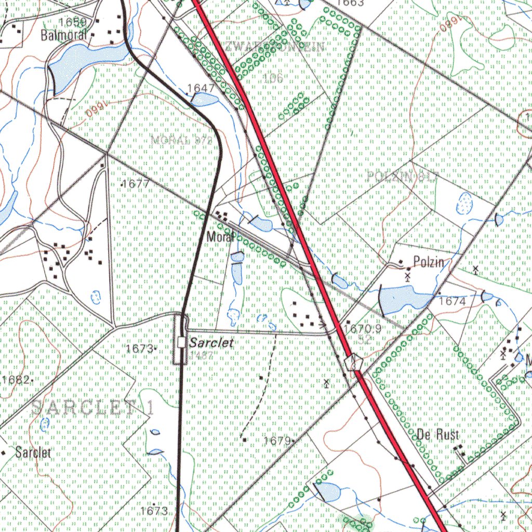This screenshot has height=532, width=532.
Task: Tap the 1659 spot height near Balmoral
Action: pyautogui.click(x=73, y=22)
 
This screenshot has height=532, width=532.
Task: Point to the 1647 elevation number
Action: pyautogui.click(x=201, y=88)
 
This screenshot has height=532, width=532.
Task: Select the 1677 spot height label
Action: pyautogui.click(x=137, y=184)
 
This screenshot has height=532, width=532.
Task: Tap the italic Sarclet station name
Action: pyautogui.click(x=211, y=343)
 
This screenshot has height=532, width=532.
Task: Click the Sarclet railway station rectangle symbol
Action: pyautogui.click(x=181, y=342)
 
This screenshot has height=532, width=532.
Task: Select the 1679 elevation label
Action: pyautogui.click(x=276, y=441)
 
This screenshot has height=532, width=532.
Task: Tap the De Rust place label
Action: pyautogui.click(x=438, y=435)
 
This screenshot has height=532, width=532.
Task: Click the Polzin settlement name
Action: pyautogui.click(x=429, y=262)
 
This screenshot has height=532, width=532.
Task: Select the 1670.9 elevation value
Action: pyautogui.click(x=363, y=329)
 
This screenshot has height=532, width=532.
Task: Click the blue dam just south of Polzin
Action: pyautogui.click(x=403, y=298)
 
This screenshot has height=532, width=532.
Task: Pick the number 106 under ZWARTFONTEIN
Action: pyautogui.click(x=273, y=78)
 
